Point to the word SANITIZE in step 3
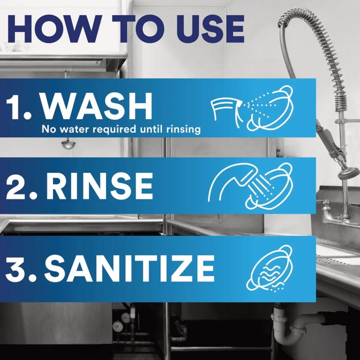coord(129,268)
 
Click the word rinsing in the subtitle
coord(183,130)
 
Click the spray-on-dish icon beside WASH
coord(252,108)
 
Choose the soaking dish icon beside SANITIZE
coord(269,269)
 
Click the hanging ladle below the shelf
coord(68,145)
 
